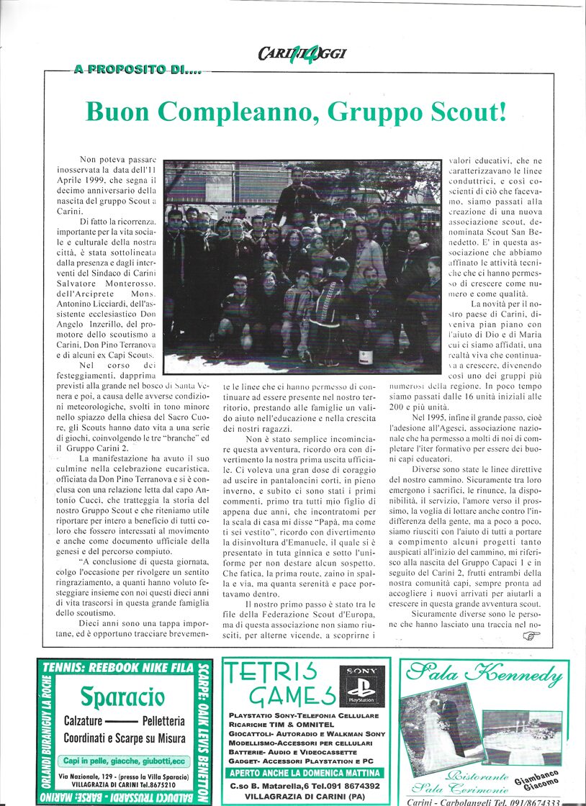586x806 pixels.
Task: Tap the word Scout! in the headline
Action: (466, 112)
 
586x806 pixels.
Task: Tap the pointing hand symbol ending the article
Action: (531, 635)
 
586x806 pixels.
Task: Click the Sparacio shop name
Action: (122, 697)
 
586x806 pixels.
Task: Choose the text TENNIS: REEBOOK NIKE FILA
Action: (119, 667)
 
